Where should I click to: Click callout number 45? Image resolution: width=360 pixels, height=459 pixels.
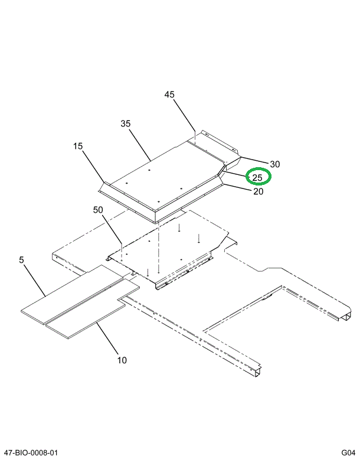pos(169,95)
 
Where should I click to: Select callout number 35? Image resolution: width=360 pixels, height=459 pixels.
pos(125,123)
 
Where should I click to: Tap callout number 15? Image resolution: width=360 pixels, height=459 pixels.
pos(78,146)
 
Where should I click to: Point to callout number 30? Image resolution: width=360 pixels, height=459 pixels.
pos(274,164)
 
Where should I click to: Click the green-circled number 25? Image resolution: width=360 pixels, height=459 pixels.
pos(257,177)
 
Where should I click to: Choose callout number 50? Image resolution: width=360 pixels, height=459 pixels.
pos(98,210)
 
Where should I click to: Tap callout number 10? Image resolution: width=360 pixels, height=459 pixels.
pos(122,360)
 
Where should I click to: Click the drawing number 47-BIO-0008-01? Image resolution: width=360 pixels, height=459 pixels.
pos(31,453)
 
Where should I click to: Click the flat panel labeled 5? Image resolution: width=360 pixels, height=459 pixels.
pos(71,292)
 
